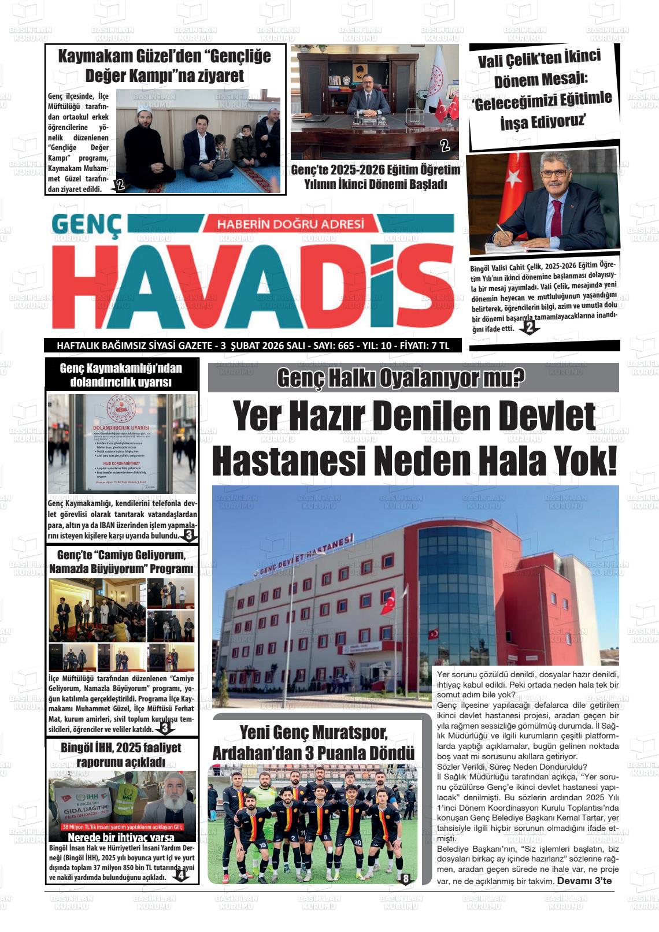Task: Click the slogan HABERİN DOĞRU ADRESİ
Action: (290, 224)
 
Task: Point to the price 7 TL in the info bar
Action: (437, 346)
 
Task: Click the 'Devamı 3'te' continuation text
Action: (584, 881)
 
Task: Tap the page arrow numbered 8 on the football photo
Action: (405, 879)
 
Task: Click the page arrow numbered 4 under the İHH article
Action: (181, 875)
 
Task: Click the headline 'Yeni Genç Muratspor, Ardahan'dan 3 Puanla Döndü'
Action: (313, 743)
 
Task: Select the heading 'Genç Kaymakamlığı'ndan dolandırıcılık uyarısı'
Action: (121, 375)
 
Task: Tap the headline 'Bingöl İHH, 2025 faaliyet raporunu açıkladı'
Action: (121, 755)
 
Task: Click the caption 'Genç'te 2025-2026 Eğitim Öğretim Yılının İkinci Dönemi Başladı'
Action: (375, 177)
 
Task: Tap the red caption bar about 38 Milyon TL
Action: (122, 826)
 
